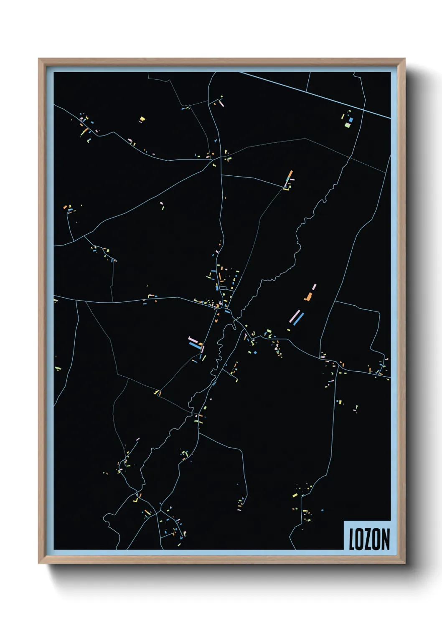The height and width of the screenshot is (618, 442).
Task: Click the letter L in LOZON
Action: click(x=352, y=539)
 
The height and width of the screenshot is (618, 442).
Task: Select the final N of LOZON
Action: click(x=386, y=539)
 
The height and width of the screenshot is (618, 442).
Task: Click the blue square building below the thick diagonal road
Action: click(x=351, y=120)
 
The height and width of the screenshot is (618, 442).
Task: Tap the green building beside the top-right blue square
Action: click(x=348, y=125)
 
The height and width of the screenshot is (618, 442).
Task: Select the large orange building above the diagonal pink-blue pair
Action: click(x=309, y=297)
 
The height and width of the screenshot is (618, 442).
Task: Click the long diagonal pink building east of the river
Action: click(x=295, y=316)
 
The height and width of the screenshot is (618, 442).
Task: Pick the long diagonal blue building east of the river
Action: click(x=298, y=319)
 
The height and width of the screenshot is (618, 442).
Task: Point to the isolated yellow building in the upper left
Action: click(x=142, y=119)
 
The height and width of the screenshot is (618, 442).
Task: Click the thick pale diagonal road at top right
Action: click(x=313, y=94)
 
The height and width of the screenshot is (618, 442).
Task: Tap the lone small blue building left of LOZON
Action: click(x=322, y=510)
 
